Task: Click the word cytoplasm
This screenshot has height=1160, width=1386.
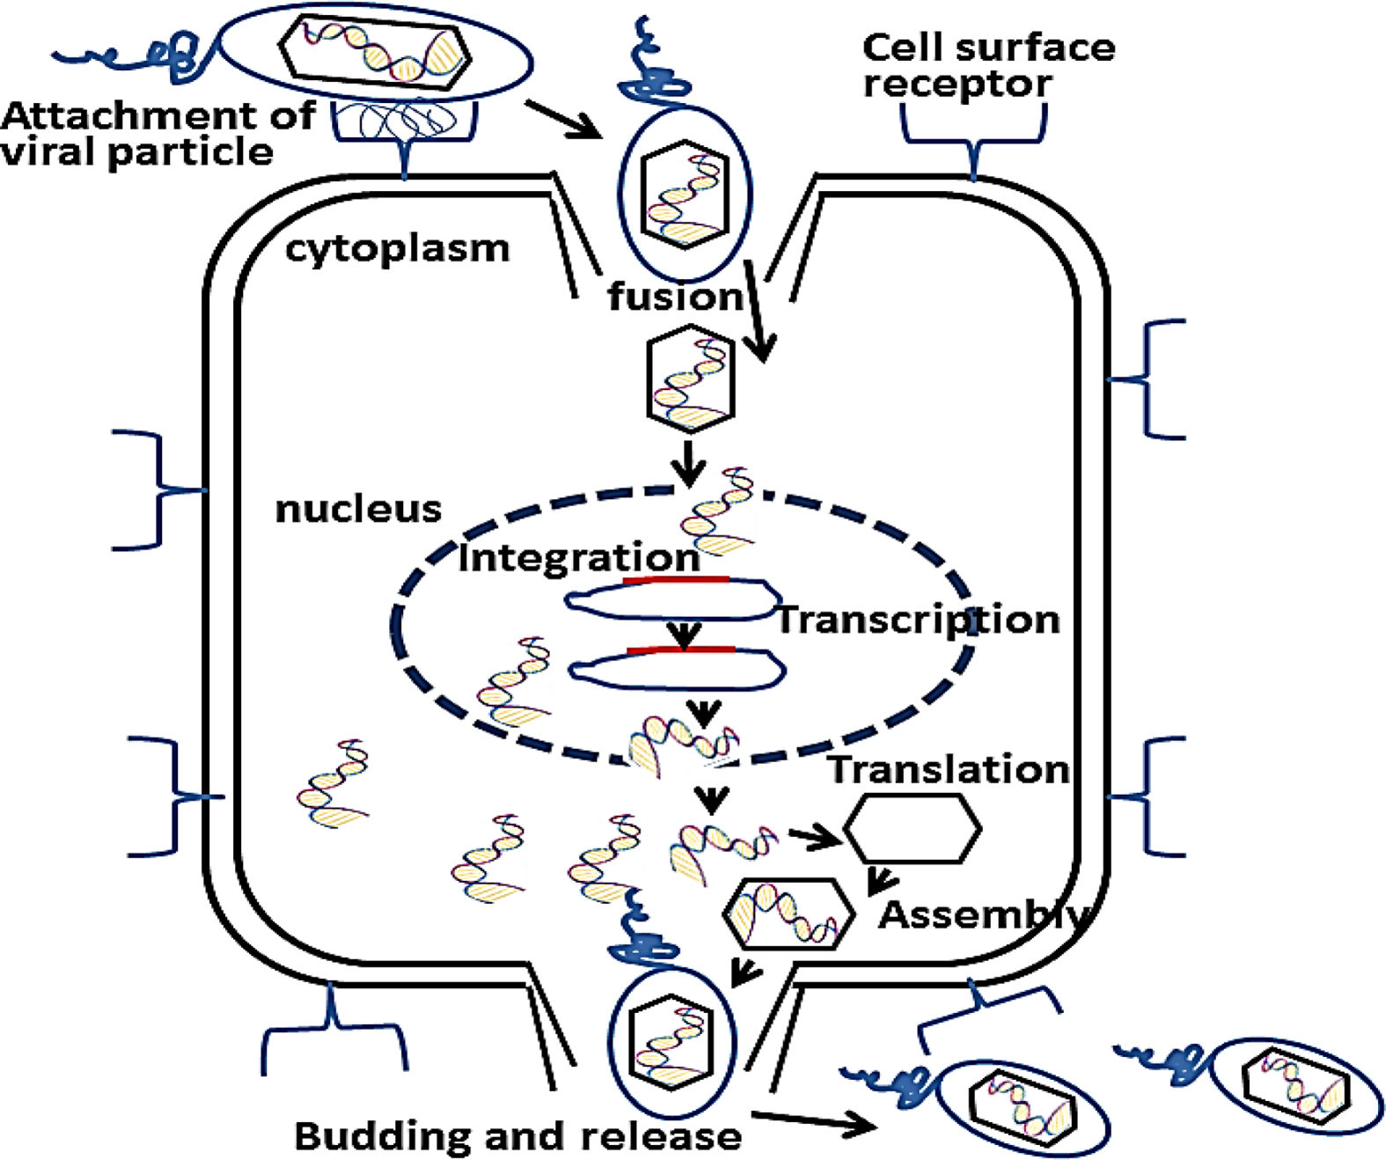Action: pyautogui.click(x=397, y=249)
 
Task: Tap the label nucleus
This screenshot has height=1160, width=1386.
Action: pyautogui.click(x=358, y=510)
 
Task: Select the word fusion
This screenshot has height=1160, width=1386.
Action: pyautogui.click(x=675, y=297)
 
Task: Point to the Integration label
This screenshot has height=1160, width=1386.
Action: pyautogui.click(x=579, y=558)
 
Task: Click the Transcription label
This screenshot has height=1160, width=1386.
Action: pyautogui.click(x=917, y=620)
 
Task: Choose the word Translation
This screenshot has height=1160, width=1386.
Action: pyautogui.click(x=949, y=769)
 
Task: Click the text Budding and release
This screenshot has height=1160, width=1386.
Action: pyautogui.click(x=517, y=1136)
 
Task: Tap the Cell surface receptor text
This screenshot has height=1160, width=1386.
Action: pyautogui.click(x=987, y=64)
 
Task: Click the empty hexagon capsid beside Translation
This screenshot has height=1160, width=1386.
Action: pyautogui.click(x=913, y=828)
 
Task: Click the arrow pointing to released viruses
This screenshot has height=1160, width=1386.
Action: pyautogui.click(x=814, y=1120)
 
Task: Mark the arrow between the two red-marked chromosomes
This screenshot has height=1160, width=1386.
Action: pyautogui.click(x=684, y=634)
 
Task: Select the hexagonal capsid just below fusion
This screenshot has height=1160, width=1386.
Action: pyautogui.click(x=690, y=378)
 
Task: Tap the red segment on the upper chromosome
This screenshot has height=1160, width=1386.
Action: pyautogui.click(x=676, y=580)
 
